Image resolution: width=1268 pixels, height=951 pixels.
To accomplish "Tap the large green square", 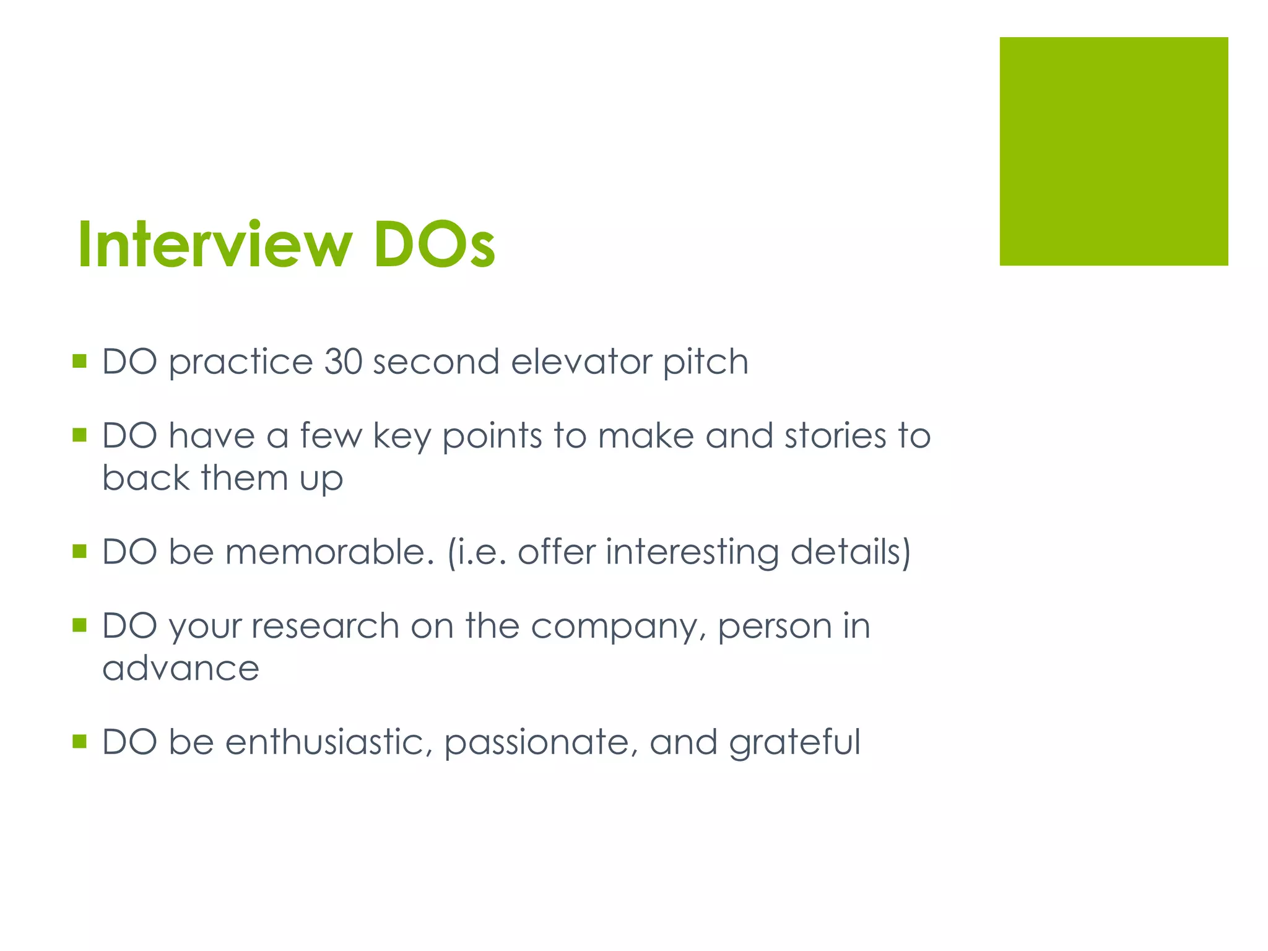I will pos(1113,151).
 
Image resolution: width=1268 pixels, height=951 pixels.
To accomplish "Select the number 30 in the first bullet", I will pos(343,362).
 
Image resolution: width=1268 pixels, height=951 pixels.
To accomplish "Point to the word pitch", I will pos(705,362).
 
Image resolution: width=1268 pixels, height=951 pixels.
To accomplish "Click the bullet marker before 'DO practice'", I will pos(79,361).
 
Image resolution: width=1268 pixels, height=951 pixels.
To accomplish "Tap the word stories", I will pos(836,436).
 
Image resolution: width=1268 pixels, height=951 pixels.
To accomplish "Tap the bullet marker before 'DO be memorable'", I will pos(79,551).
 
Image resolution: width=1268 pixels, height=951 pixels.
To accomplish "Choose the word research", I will pos(325,627).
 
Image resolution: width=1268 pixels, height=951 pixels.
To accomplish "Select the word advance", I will pos(181,668).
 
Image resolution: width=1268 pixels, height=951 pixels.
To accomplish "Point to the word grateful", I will pos(795,743).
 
